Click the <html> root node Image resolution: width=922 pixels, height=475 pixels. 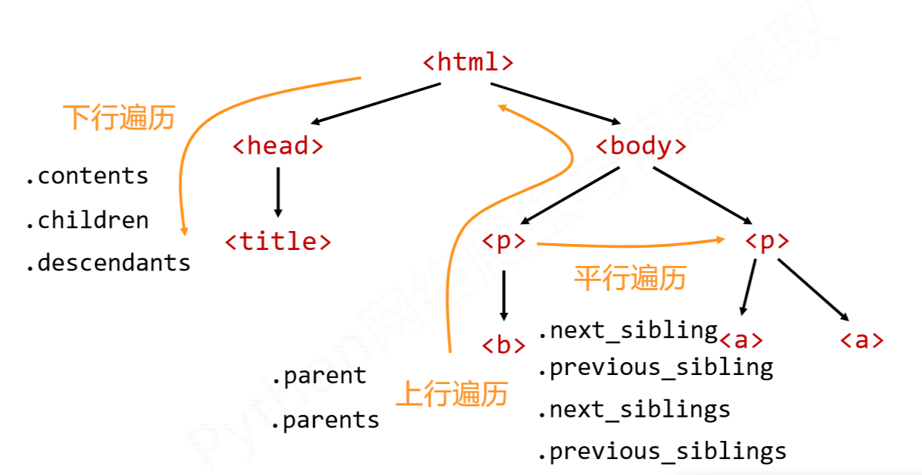[468, 62]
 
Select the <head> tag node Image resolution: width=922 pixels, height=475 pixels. [278, 145]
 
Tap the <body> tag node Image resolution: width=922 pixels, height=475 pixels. [641, 145]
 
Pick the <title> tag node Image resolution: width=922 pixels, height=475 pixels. [278, 242]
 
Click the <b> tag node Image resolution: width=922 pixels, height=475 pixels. [503, 345]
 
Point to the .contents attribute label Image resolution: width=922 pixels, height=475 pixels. [86, 176]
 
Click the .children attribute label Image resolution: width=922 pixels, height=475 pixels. [86, 220]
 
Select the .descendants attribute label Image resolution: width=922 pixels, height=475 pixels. [107, 263]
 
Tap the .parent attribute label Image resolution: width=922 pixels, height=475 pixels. [319, 376]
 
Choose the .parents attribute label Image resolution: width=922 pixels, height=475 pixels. [326, 420]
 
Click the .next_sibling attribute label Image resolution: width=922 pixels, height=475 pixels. [628, 330]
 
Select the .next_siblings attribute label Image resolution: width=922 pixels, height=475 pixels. [634, 410]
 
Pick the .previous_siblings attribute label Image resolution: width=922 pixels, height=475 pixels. [662, 452]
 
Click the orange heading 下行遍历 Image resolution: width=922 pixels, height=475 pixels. [119, 118]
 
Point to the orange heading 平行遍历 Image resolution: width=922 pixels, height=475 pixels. [630, 278]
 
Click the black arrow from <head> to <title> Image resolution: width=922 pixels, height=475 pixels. [278, 192]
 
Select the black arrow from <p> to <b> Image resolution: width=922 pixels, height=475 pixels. [503, 295]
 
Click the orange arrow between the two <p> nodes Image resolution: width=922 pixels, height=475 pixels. [628, 244]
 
